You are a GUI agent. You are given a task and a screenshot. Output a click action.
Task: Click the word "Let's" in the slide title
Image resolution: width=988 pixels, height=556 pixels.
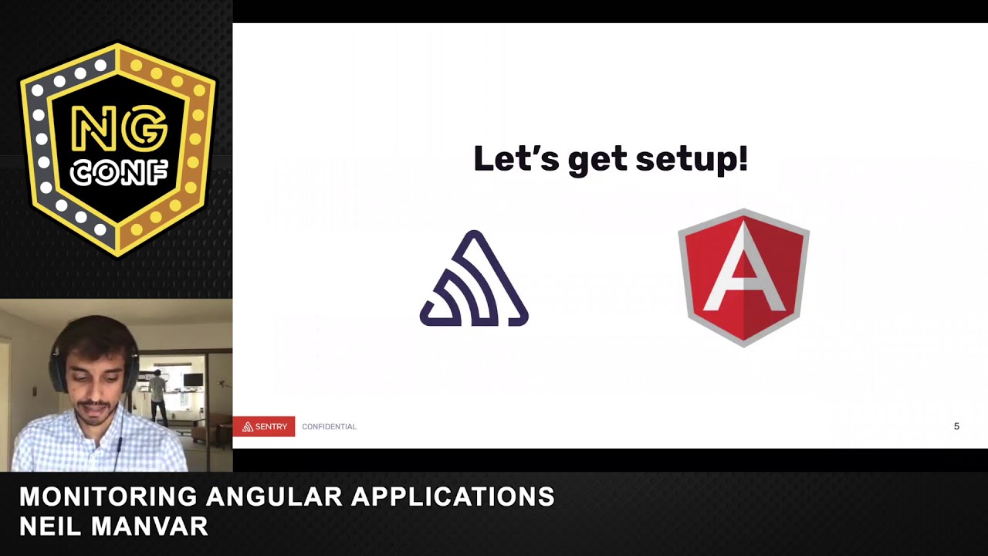[x=516, y=159]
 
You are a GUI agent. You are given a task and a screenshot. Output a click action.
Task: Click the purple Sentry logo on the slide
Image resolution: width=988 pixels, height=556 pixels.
[x=474, y=280]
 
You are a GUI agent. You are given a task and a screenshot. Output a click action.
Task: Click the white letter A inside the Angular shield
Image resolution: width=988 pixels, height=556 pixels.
[x=743, y=266]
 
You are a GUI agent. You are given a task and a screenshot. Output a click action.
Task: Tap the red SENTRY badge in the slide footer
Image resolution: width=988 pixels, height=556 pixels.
[x=264, y=426]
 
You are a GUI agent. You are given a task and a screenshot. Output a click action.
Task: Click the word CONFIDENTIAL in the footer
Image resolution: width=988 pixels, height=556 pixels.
[x=329, y=426]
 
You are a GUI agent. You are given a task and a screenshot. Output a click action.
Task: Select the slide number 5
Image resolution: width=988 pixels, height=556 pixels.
[x=956, y=426]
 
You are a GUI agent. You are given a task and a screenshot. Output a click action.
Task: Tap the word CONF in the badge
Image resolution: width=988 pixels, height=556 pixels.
[x=118, y=173]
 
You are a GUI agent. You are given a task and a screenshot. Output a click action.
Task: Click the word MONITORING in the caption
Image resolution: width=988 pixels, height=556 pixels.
[x=107, y=497]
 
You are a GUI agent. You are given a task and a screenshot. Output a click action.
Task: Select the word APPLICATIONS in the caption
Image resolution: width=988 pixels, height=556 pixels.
[x=453, y=497]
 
